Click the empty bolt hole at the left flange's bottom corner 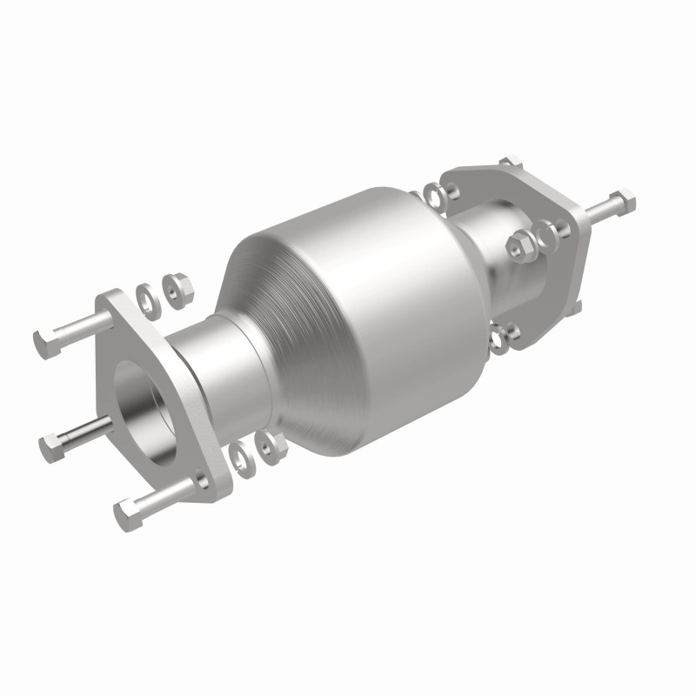(x=201, y=479)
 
